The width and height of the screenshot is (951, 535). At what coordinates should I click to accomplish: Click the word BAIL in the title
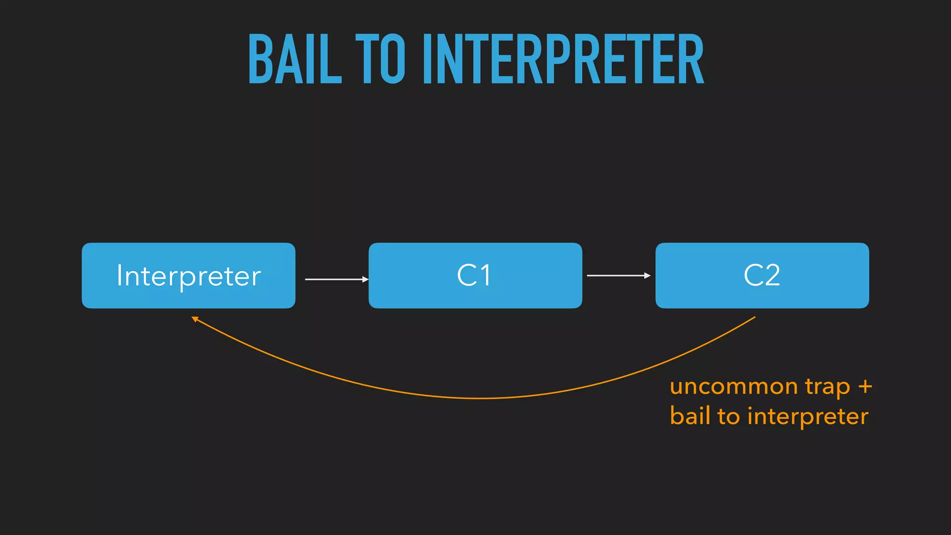point(295,59)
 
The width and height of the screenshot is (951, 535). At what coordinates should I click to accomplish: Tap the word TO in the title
point(380,59)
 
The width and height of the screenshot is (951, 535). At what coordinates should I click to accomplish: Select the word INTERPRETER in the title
point(563,59)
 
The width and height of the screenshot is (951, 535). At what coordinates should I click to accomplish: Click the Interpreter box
point(189,275)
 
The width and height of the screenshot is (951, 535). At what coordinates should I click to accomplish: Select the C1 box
point(475,275)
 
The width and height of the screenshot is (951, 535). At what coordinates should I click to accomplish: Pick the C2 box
point(762,275)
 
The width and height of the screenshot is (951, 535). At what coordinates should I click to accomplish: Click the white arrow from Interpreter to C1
point(335,279)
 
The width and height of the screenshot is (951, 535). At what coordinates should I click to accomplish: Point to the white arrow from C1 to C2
point(618,275)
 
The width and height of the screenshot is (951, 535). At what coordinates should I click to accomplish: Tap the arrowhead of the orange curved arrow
point(195,319)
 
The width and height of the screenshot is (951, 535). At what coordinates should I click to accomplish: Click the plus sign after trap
point(865,387)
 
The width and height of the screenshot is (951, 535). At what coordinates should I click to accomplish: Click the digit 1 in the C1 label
point(485,275)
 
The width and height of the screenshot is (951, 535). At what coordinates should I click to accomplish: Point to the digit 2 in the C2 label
point(771,275)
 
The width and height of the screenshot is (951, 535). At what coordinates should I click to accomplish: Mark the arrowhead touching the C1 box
point(365,279)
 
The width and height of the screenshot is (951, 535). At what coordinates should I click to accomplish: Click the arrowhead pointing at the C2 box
point(647,275)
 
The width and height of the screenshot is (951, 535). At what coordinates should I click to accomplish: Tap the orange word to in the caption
point(728,416)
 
